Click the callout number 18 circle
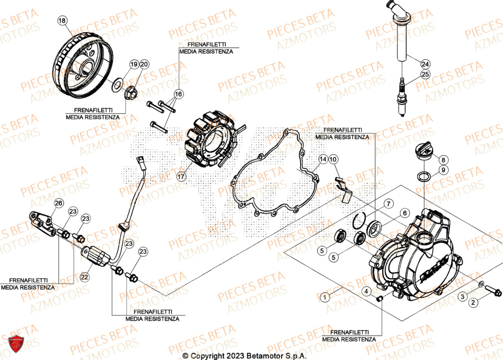click(x=62, y=21)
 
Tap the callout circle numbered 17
click(x=181, y=177)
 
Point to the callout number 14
click(x=323, y=159)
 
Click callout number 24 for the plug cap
click(x=426, y=64)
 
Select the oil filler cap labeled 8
click(x=422, y=152)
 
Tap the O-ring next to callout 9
click(x=424, y=176)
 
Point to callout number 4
click(x=367, y=291)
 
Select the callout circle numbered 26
click(x=58, y=203)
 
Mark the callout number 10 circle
click(x=334, y=160)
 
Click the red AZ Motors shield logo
click(x=17, y=344)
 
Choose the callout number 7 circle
click(x=388, y=203)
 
